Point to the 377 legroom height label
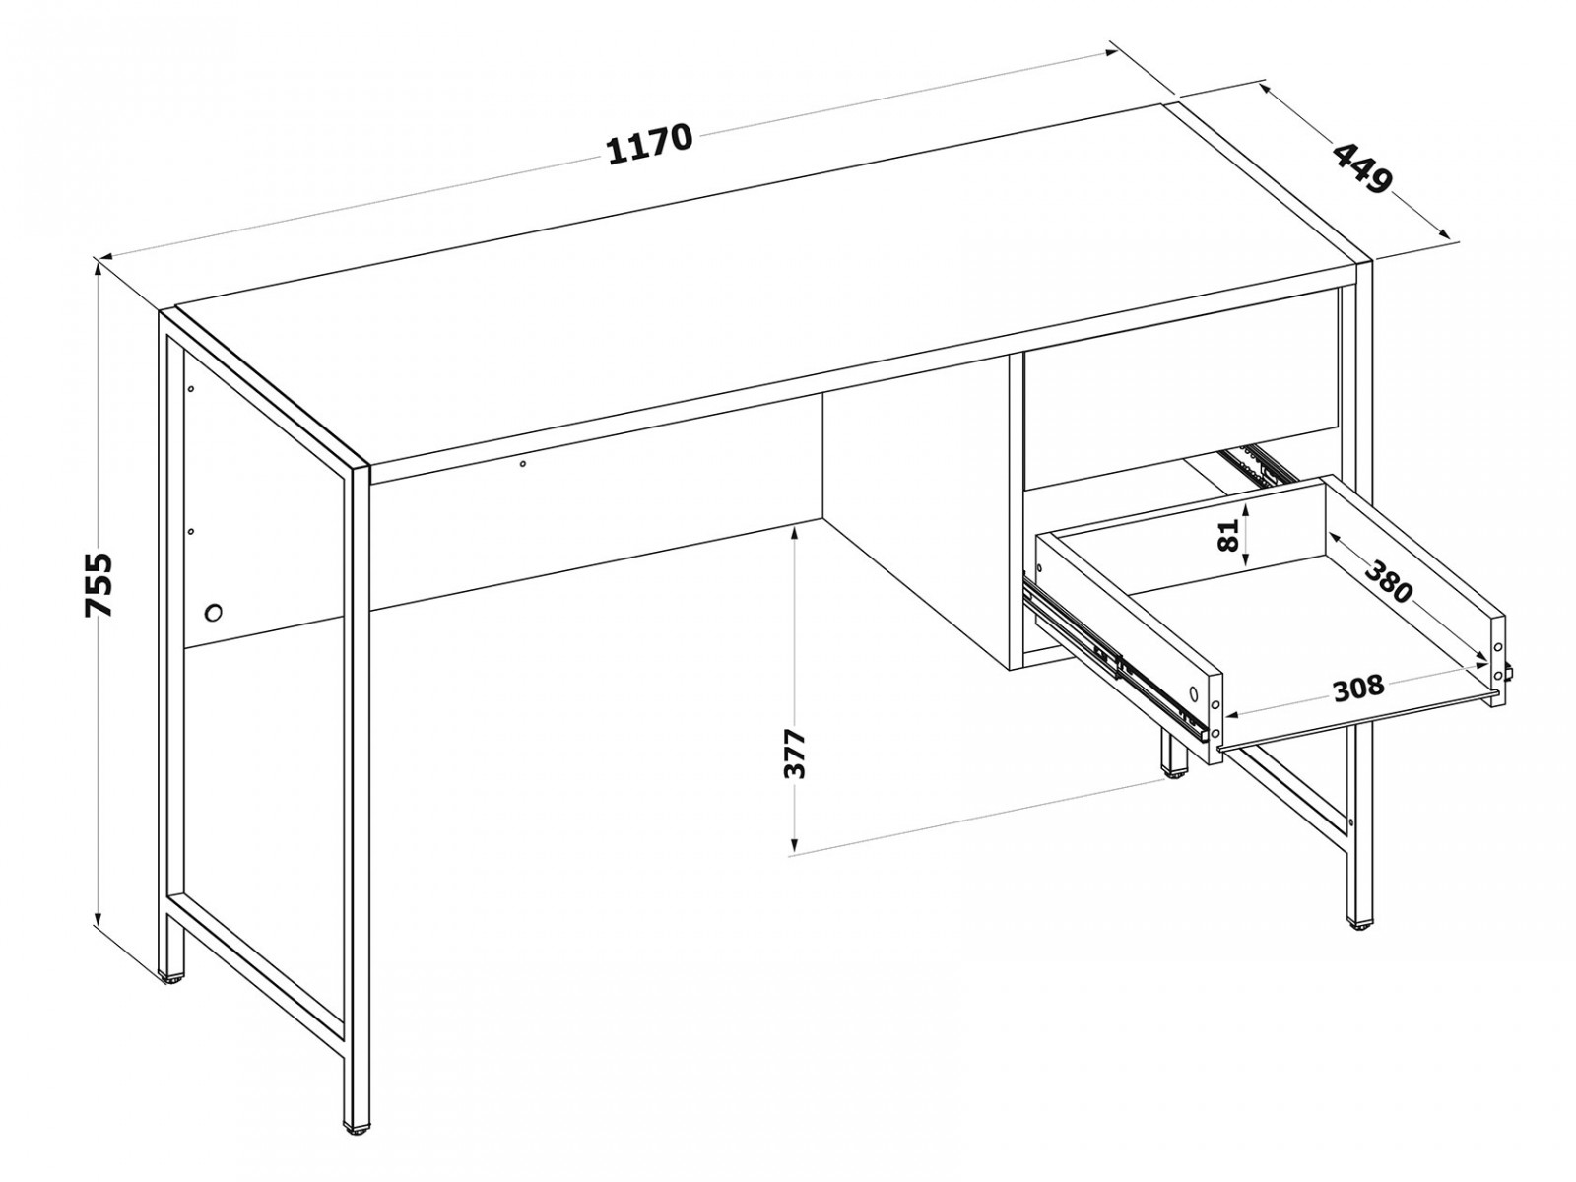coord(794,753)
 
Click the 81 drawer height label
coord(1228,534)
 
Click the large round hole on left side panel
coord(213,612)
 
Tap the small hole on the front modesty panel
coord(523,464)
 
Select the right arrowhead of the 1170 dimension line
coord(1110,51)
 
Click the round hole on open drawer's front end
coord(1193,694)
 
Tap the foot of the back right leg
coord(1175,774)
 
